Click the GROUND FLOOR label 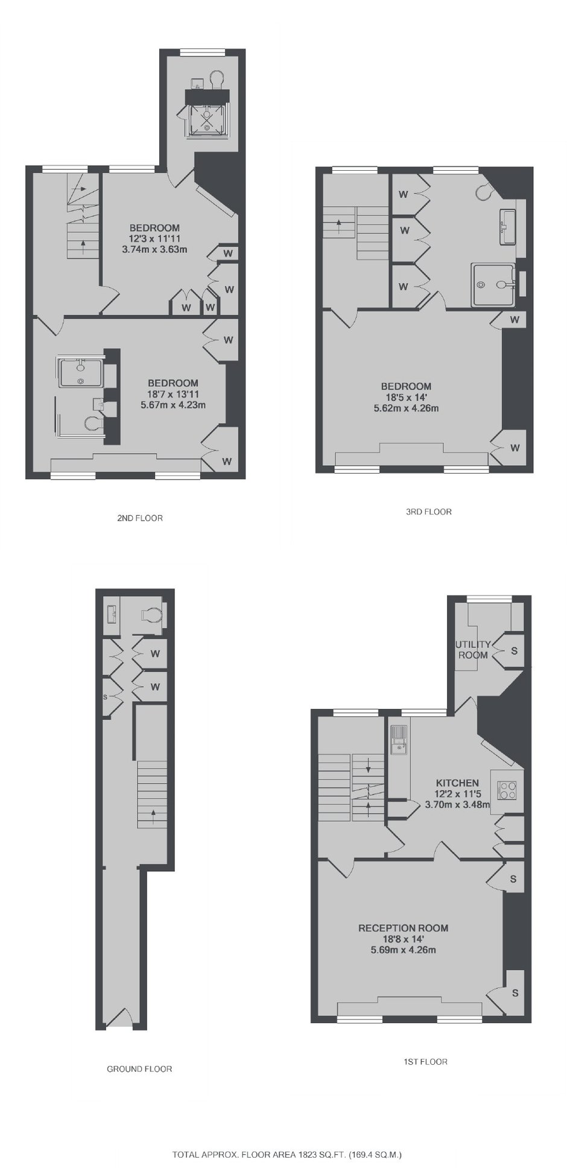pyautogui.click(x=139, y=1068)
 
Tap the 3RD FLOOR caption pyautogui.click(x=428, y=512)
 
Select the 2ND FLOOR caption pyautogui.click(x=140, y=518)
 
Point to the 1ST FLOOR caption pyautogui.click(x=425, y=1061)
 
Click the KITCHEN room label pyautogui.click(x=457, y=782)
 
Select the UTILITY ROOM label pyautogui.click(x=474, y=649)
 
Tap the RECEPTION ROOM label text pyautogui.click(x=404, y=928)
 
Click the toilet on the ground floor pyautogui.click(x=151, y=615)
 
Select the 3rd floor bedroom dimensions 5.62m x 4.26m pyautogui.click(x=406, y=408)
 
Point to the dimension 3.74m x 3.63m pyautogui.click(x=154, y=249)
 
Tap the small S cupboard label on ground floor pyautogui.click(x=105, y=697)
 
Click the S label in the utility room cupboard pyautogui.click(x=514, y=651)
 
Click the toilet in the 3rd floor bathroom pyautogui.click(x=485, y=191)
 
